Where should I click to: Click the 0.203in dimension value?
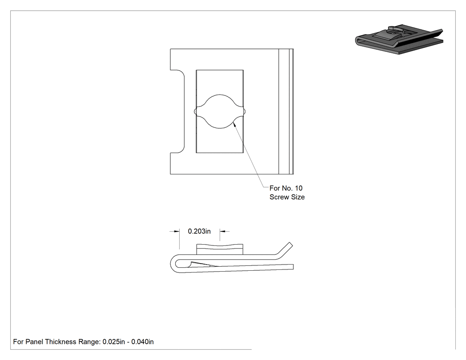(x=199, y=231)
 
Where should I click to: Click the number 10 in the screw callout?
(x=298, y=188)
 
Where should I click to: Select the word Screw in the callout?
(x=279, y=197)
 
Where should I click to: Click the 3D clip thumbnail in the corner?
(x=399, y=39)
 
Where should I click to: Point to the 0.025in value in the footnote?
(x=114, y=342)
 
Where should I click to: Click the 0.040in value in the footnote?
(x=142, y=342)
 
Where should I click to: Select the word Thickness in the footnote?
(x=61, y=342)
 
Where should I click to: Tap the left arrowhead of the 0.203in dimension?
(x=177, y=231)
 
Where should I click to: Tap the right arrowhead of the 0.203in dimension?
(x=223, y=231)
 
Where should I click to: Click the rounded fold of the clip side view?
(x=173, y=264)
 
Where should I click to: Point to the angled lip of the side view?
(x=285, y=250)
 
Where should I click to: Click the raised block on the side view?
(x=220, y=249)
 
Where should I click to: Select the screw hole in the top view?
(x=220, y=111)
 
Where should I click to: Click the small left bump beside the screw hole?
(x=195, y=111)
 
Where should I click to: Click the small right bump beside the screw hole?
(x=244, y=111)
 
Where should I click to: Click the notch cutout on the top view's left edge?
(x=178, y=111)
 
